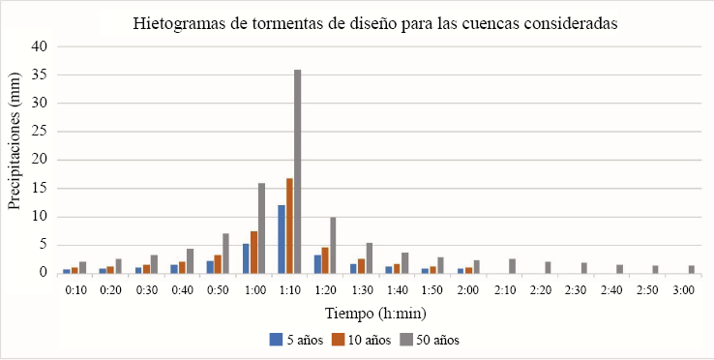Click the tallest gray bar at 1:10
point(298,171)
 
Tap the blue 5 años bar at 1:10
point(282,239)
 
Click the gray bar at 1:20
point(333,245)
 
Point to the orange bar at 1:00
point(253,252)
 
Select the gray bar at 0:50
point(225,254)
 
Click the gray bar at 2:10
point(512,266)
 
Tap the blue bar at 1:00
point(246,258)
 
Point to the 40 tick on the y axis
point(40,46)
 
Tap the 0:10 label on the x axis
point(75,289)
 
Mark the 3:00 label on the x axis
point(684,289)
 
